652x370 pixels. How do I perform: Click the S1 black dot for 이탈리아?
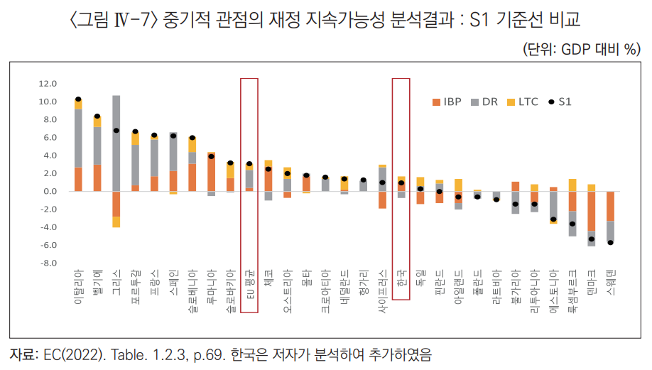pos(78,99)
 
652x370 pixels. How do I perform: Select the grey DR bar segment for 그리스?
pos(116,142)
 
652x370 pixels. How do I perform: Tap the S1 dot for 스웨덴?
pos(611,243)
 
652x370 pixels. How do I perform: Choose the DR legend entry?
pos(486,102)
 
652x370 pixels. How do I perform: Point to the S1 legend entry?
pos(560,102)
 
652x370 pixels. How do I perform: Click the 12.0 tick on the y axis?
pos(48,84)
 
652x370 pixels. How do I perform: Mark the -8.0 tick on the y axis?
pos(48,263)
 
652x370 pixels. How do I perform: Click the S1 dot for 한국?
pos(402,183)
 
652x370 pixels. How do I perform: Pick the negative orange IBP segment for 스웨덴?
pos(611,206)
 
